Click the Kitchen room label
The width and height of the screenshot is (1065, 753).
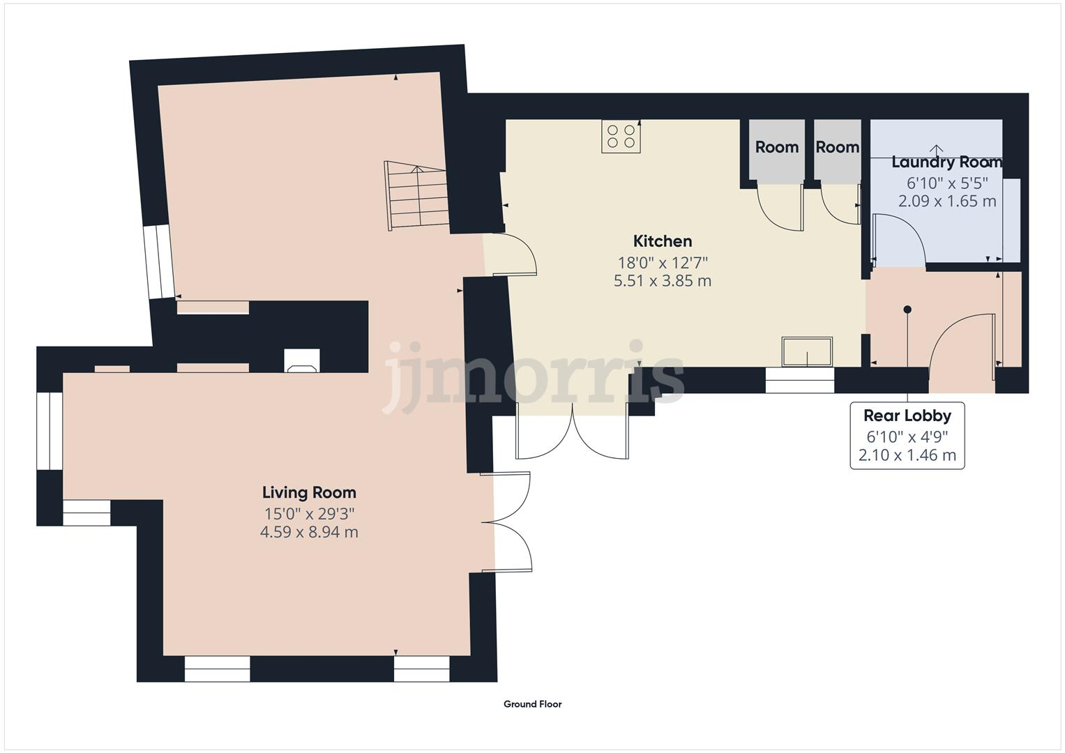(662, 241)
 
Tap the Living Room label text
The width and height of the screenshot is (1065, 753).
(309, 492)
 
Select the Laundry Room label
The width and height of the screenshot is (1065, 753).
(946, 162)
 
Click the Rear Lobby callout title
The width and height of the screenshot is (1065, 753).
(907, 416)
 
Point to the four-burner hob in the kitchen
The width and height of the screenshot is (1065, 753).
(621, 136)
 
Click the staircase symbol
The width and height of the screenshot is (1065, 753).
(416, 197)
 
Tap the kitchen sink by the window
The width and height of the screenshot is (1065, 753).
(807, 351)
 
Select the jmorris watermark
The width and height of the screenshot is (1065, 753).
(534, 376)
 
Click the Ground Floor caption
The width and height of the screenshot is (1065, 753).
(532, 704)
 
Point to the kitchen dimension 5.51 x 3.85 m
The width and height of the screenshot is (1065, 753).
(662, 281)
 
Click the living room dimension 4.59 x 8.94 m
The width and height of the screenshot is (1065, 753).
(309, 532)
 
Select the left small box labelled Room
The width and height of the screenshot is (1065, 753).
(776, 148)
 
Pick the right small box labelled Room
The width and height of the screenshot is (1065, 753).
(837, 148)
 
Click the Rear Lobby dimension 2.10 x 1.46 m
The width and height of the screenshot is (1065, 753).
(907, 456)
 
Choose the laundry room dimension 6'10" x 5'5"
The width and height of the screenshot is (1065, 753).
(946, 183)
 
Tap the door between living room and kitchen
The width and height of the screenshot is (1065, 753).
(513, 254)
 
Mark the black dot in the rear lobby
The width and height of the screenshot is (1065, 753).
(907, 310)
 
